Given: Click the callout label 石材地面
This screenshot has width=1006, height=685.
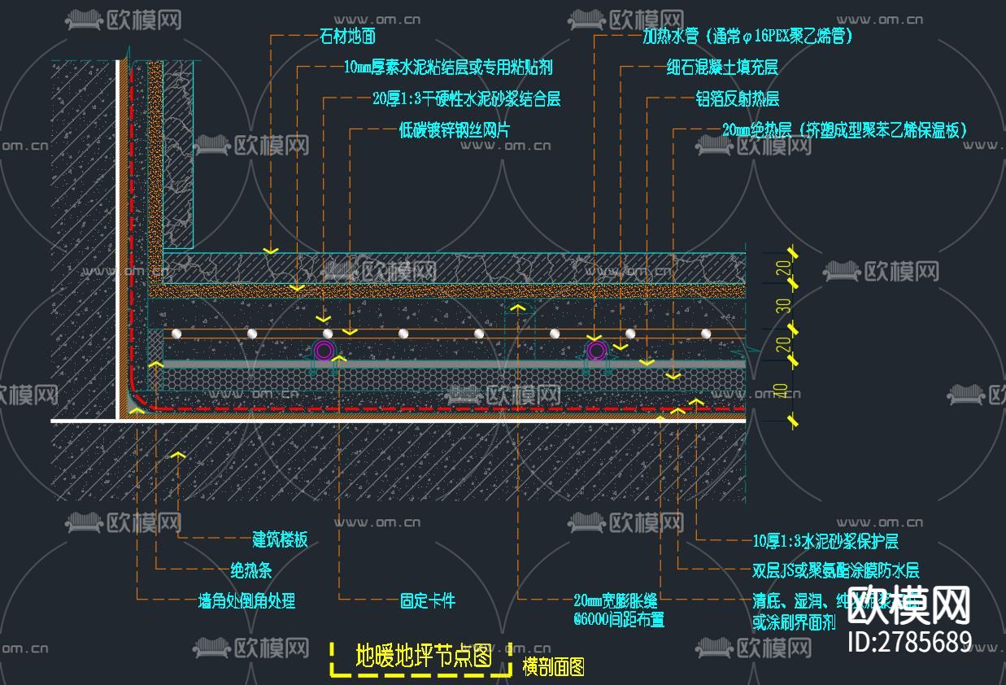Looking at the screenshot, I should click(x=348, y=37).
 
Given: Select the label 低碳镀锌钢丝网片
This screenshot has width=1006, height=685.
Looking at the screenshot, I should click(x=455, y=129).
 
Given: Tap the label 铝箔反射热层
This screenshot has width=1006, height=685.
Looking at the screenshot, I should click(x=737, y=99).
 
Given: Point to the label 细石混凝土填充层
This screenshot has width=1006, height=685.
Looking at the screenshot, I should click(x=721, y=68).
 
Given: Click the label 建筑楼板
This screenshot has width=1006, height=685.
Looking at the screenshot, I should click(x=280, y=539).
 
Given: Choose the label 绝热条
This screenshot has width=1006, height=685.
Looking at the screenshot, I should click(x=256, y=569).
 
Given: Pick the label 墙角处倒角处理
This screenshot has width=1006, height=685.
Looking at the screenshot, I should click(x=246, y=601).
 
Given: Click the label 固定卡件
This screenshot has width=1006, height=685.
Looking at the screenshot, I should click(x=427, y=601).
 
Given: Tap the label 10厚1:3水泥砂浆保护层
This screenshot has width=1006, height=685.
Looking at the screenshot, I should click(x=825, y=541).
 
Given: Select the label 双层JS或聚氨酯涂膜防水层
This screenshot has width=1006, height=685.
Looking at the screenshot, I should click(x=835, y=571).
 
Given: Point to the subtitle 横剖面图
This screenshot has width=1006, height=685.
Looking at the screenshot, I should click(x=553, y=667).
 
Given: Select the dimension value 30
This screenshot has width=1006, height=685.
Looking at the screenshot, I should click(x=782, y=306).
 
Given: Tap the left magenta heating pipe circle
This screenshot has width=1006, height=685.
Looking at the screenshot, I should click(x=324, y=351).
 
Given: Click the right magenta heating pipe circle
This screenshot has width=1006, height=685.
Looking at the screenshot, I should click(x=596, y=351).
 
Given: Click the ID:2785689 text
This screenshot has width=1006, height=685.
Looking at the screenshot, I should click(x=909, y=642).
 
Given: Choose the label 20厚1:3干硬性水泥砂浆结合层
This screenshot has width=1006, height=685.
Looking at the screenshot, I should click(x=466, y=99).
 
